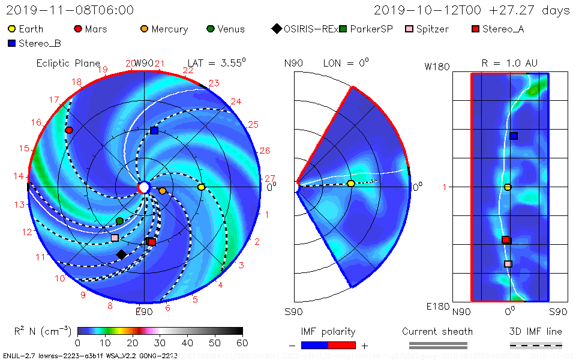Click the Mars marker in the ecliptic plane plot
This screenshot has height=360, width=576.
(69, 130)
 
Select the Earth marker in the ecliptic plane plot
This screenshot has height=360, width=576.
(202, 187)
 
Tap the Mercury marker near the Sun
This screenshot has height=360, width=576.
(162, 191)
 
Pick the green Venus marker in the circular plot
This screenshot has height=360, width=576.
(119, 221)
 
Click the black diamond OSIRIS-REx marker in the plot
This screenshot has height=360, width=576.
(121, 254)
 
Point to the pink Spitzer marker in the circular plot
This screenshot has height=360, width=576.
(115, 238)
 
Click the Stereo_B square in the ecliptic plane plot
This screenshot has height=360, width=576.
(154, 130)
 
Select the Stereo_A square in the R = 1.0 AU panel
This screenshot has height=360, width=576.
(506, 240)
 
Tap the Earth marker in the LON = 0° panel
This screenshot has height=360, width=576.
(351, 184)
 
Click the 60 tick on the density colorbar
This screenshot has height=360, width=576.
(242, 343)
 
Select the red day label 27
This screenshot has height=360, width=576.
(270, 178)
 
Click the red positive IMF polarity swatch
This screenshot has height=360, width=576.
(342, 345)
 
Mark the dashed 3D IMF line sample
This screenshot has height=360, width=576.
(536, 345)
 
